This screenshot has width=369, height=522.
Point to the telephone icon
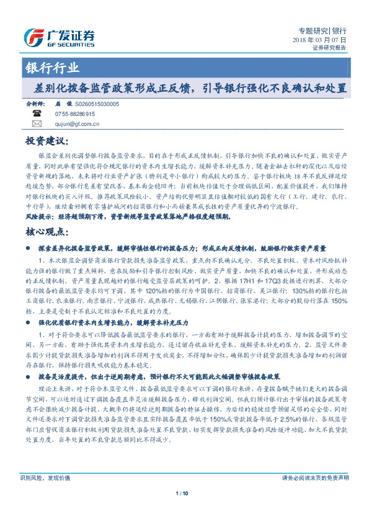(37, 114)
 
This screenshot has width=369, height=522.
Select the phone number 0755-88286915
(75, 114)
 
